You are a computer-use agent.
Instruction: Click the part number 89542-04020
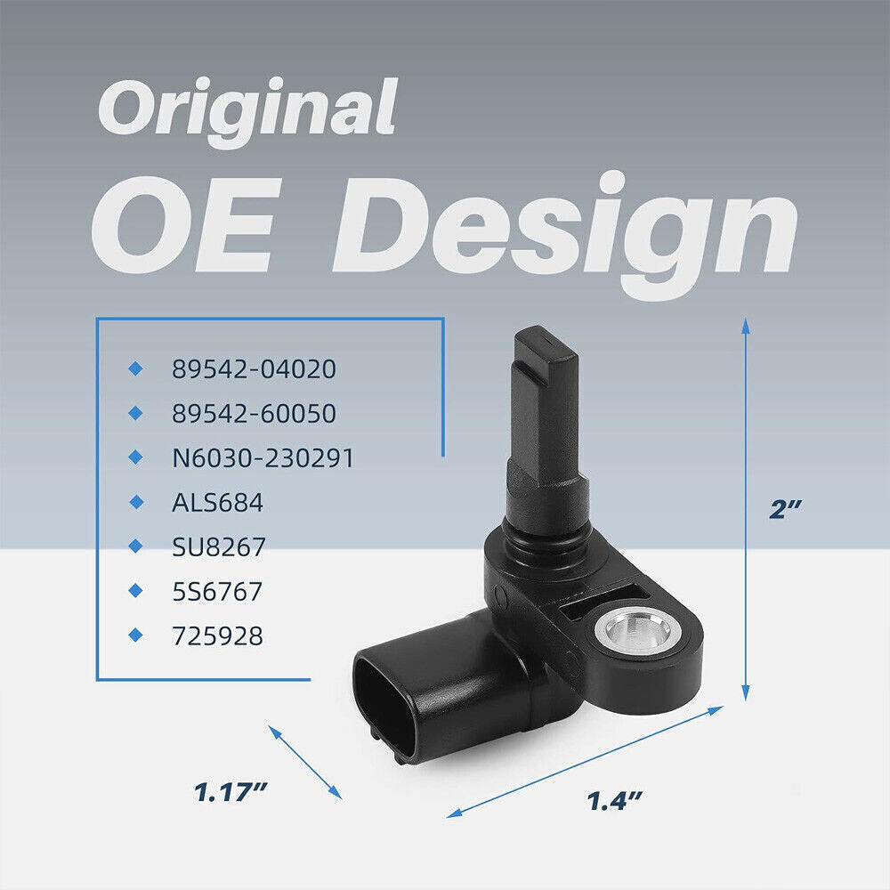coord(254,369)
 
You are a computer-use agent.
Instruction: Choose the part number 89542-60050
coord(254,413)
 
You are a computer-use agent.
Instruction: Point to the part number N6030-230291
coord(263,457)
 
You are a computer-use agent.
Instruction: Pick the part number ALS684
coord(217,502)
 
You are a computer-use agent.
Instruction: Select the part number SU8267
coord(219,546)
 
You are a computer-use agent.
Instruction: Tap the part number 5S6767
coord(217,592)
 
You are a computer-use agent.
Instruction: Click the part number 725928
coord(217,635)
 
